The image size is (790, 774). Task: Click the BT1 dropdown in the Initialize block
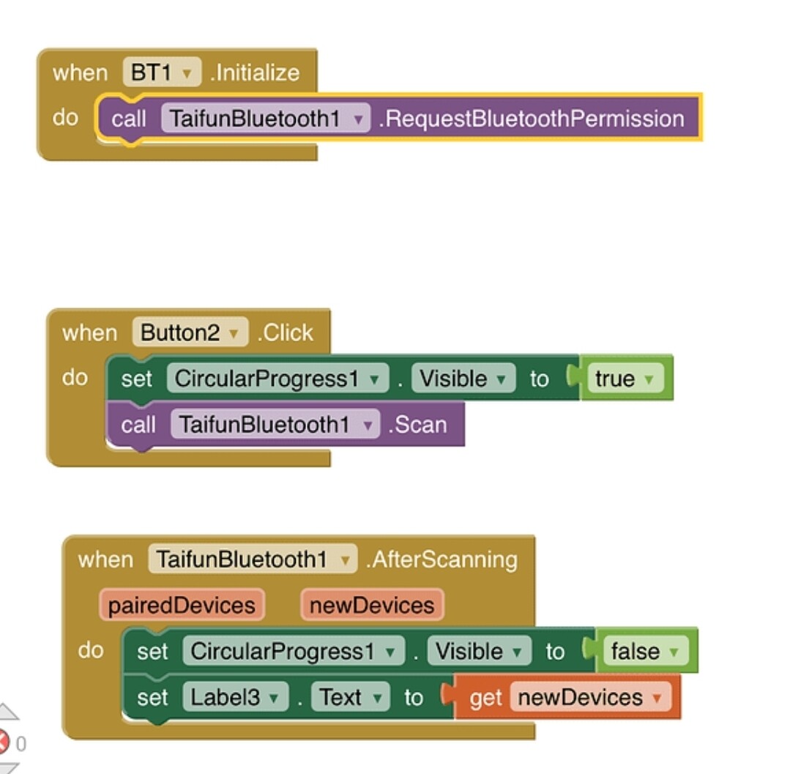161,72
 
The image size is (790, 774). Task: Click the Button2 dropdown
190,332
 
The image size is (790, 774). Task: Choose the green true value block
623,379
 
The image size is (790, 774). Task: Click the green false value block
644,651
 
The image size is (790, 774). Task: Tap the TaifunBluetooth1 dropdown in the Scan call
275,424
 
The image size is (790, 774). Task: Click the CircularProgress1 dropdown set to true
277,379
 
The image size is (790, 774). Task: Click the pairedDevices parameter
182,605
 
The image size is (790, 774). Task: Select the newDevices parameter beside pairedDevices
372,605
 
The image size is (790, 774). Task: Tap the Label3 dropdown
234,697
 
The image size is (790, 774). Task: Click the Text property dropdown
349,697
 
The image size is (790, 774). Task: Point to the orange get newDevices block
567,697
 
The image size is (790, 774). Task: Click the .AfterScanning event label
442,559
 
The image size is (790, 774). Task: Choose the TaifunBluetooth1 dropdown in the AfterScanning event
252,559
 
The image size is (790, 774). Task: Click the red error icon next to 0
4,743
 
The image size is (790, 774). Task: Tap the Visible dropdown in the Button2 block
463,379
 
